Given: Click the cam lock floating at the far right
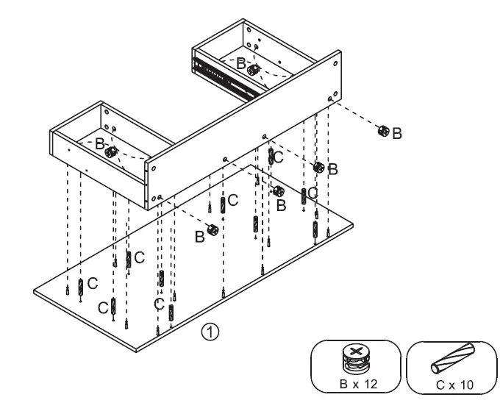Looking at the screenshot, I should point(382,132).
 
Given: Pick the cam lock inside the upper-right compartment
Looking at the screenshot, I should point(254,70).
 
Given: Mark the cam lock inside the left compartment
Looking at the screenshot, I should point(111,152).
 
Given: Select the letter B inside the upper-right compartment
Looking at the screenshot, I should point(241,64).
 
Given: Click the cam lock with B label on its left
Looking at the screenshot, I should point(212,230).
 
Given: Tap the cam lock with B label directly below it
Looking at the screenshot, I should point(279,192).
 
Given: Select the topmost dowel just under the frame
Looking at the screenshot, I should point(271,157).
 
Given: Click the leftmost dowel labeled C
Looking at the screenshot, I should point(81,287).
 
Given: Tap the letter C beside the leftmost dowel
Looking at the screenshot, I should point(92,282).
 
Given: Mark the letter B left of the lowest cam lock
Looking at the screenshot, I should point(199,236).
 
